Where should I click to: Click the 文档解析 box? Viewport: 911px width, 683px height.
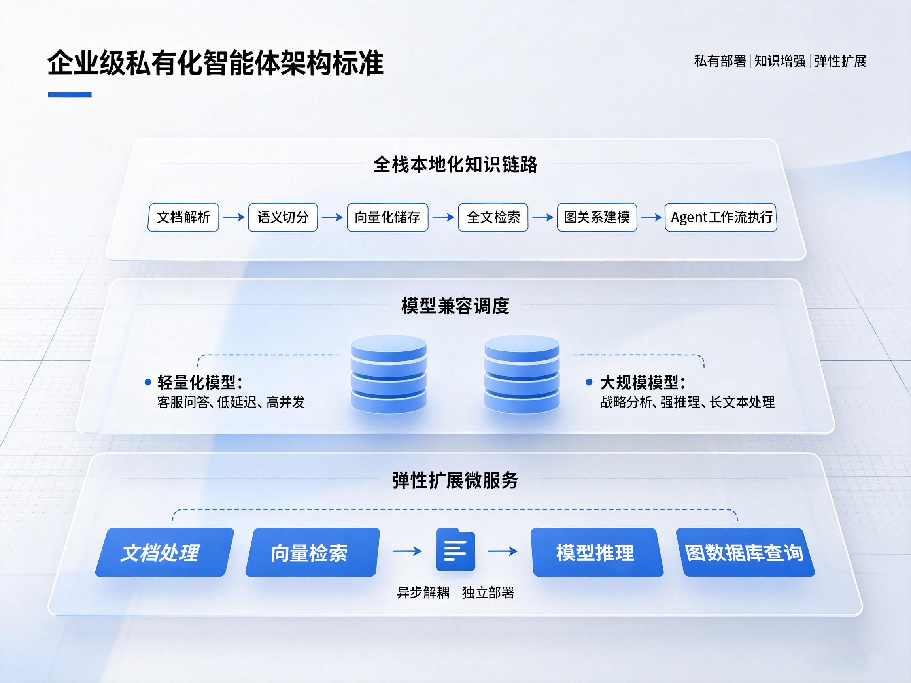point(183,217)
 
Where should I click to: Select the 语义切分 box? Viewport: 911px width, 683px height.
point(283,217)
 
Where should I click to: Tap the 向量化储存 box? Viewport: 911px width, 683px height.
point(387,217)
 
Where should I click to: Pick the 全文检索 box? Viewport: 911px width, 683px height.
point(493,217)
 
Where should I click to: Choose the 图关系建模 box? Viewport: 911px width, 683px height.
point(597,217)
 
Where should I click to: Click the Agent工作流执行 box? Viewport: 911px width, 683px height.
point(721,217)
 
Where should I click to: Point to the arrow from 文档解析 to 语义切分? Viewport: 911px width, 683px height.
point(234,217)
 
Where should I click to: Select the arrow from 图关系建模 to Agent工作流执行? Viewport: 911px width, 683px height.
point(651,217)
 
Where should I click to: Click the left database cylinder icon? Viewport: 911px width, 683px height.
point(388,374)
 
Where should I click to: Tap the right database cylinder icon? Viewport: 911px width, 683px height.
point(522,374)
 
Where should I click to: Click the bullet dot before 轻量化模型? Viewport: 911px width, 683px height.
point(148,383)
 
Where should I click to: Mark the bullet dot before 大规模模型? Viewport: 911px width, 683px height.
point(590,383)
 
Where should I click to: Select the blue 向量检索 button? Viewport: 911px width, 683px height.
point(313,553)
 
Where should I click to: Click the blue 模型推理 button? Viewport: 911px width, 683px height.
point(597,553)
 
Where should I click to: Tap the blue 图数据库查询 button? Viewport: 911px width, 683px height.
point(745,553)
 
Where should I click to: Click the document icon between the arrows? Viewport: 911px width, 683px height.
point(455,550)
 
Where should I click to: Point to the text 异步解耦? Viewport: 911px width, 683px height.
point(423,593)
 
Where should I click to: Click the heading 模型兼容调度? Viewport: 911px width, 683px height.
point(455,306)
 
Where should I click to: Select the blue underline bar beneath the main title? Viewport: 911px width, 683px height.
point(70,95)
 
